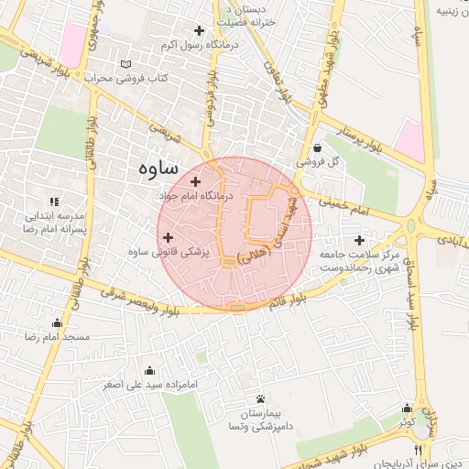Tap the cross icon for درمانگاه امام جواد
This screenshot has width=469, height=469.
[195, 181]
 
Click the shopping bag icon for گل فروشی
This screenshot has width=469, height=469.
[317, 147]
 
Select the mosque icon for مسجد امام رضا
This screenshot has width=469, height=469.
[59, 322]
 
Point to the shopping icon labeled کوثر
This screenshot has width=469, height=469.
[407, 409]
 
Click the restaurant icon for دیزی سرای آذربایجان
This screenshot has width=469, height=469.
[418, 450]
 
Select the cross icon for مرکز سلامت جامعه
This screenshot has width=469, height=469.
[359, 239]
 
